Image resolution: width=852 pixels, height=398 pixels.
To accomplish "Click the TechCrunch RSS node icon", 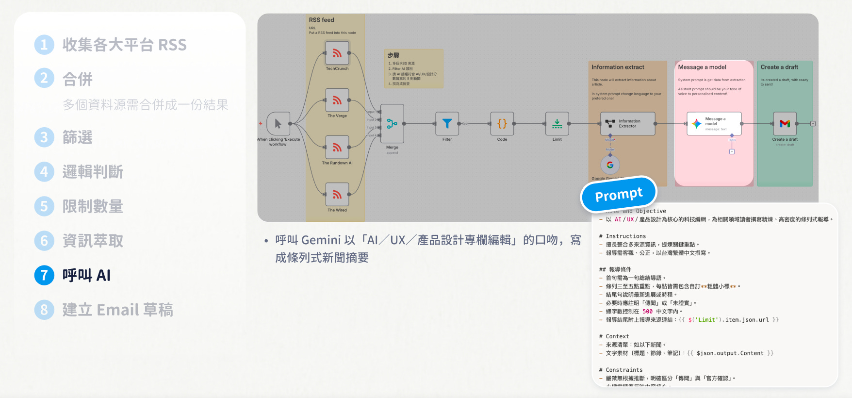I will (x=337, y=53).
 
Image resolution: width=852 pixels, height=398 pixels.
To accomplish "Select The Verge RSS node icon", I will (x=337, y=100).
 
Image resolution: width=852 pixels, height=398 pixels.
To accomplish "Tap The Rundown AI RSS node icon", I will (x=337, y=147).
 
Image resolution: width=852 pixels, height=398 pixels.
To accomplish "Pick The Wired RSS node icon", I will (x=337, y=194).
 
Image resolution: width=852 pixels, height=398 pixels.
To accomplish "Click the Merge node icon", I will (x=392, y=124).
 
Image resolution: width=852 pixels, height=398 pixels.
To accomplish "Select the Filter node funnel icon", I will (x=447, y=124).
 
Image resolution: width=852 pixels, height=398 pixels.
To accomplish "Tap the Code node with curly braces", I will (x=502, y=124).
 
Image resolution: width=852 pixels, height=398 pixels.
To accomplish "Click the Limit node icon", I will (x=557, y=124).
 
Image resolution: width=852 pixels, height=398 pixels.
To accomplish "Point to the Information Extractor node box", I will (x=628, y=124).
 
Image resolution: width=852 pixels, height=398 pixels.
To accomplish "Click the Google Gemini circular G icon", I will (x=610, y=165).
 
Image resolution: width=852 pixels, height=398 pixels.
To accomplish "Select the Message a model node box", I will (x=714, y=124).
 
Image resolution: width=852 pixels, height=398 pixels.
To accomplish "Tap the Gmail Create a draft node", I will (x=785, y=124).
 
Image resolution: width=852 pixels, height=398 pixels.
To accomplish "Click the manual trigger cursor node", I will (x=278, y=124).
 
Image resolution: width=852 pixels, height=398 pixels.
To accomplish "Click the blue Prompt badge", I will (x=619, y=195).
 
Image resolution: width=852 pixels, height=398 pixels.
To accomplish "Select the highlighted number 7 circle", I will (x=44, y=275).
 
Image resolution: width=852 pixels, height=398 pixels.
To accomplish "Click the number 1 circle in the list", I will (x=44, y=45).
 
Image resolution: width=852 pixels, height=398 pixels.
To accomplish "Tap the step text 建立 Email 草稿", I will (x=118, y=310).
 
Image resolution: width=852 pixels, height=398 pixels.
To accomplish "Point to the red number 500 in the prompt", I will (x=647, y=312).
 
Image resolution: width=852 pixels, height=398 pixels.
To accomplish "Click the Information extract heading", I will (x=618, y=67).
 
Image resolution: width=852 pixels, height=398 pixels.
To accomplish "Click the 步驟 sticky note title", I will (x=393, y=55).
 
